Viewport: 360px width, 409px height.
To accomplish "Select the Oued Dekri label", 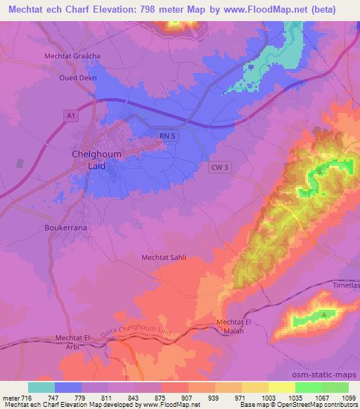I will coord(77,79).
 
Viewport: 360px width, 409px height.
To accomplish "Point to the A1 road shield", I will coord(69,113).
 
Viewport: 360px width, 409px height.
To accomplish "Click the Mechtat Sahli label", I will coord(165,258).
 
